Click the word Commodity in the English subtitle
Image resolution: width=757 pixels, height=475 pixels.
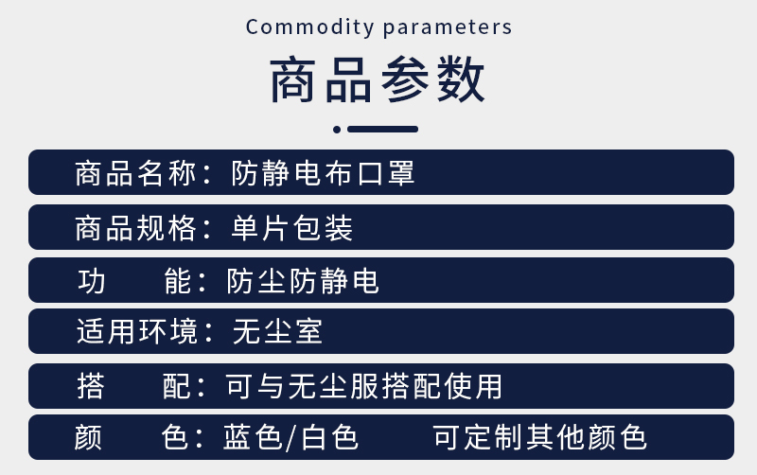point(310,27)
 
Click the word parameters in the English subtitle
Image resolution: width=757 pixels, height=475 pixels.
point(448,28)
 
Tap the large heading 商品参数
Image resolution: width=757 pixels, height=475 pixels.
point(378,79)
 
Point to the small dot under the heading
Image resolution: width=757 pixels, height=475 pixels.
point(337,130)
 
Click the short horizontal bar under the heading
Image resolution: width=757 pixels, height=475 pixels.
point(383,129)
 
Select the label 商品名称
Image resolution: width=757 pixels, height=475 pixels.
point(135,173)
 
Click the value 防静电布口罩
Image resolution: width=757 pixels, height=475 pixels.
point(323,173)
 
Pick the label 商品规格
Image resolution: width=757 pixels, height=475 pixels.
point(135,228)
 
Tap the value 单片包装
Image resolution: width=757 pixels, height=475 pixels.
point(292,228)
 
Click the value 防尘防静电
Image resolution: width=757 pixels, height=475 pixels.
point(303,281)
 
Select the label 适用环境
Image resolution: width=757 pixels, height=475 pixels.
point(137,331)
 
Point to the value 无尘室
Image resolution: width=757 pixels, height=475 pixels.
point(277,331)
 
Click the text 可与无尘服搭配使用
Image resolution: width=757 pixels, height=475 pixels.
point(364,386)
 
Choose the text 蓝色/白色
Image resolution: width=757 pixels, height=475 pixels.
point(290,437)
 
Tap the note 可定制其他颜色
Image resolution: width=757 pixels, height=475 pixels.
point(539,437)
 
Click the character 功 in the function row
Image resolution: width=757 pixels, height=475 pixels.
point(91,281)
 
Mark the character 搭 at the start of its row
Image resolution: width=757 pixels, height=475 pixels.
point(91,386)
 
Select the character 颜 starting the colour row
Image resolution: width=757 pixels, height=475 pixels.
point(88,437)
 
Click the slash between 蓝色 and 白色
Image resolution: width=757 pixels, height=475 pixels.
point(290,438)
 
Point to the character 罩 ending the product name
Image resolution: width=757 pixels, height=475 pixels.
point(401,173)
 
